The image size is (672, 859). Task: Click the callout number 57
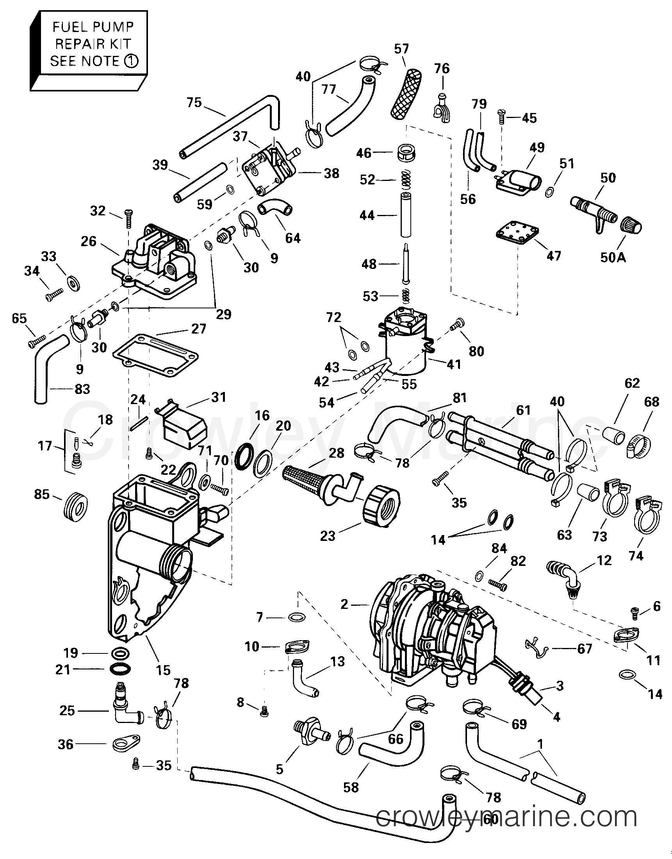click(x=401, y=49)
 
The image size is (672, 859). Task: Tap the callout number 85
click(x=42, y=494)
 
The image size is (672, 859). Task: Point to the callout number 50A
click(x=613, y=258)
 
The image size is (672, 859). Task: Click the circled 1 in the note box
click(x=132, y=61)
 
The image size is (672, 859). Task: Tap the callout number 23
click(x=327, y=536)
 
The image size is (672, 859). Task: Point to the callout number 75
click(x=194, y=103)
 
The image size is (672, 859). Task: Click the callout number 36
click(x=66, y=744)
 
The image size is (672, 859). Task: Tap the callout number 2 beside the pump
click(x=344, y=604)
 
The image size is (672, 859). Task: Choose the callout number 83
click(x=82, y=389)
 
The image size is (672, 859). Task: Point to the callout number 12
click(x=604, y=560)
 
